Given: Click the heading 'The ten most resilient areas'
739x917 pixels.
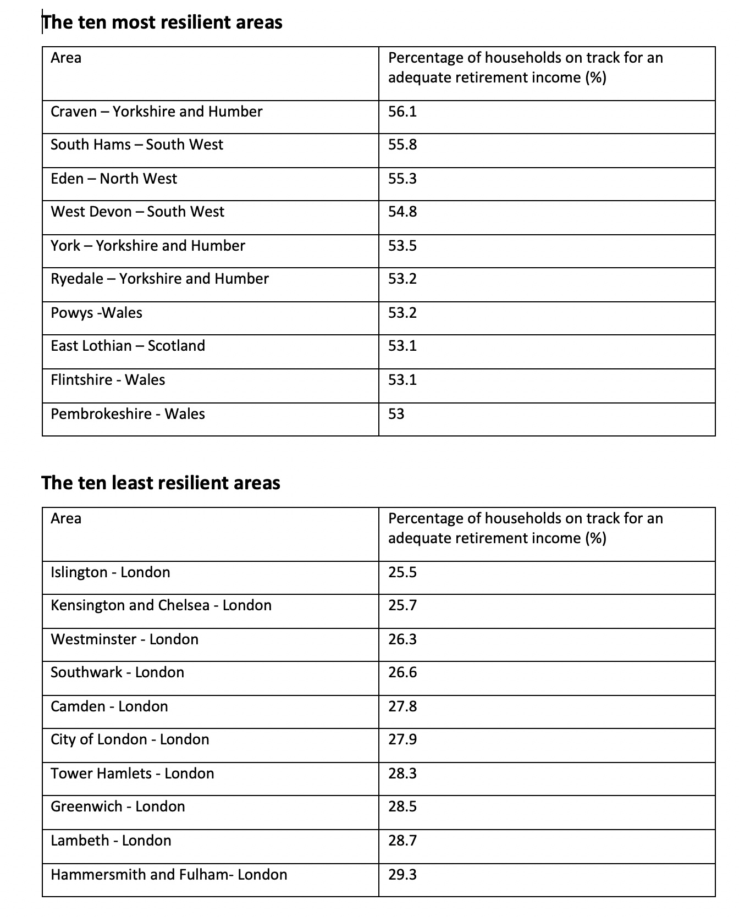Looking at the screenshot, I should pos(162,23).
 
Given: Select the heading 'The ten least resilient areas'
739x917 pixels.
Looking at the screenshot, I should pos(161,483).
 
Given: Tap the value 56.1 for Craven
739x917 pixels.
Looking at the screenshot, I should pos(402,112).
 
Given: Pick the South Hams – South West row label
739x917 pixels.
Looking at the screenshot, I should pos(137,145).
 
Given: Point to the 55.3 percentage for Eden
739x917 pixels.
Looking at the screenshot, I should pos(402,179).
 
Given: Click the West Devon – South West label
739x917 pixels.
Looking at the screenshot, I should pos(137,212).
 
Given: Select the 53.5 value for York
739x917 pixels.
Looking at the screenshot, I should pos(402,246).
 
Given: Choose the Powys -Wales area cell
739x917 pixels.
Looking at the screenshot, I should pos(96,313).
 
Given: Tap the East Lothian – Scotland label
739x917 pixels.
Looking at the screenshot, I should pos(128,346).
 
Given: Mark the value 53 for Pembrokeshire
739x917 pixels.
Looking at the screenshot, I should pos(396,414).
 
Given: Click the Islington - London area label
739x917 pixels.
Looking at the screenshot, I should pos(110,572).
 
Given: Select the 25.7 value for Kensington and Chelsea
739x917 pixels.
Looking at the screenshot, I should pos(402,605).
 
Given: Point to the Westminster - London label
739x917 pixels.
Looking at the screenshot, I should pos(124,639).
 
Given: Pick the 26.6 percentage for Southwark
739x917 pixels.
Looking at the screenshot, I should pos(402,672).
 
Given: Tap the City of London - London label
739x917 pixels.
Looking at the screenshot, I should pos(130,739).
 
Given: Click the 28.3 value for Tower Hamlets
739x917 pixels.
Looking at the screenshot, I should pos(402,774).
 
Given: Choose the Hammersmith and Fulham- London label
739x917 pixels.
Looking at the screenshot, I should pos(169,875).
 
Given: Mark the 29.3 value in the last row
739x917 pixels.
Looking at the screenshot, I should pos(402,875).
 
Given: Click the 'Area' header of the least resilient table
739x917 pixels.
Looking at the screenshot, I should pos(66,518).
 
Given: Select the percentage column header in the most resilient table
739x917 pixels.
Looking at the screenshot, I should pos(525,68).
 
